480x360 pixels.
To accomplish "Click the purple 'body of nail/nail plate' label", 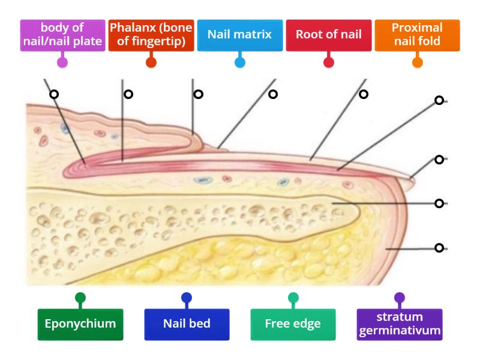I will (62, 35).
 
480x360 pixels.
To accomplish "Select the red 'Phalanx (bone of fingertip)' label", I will (151, 35).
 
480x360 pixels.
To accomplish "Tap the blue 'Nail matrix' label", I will (239, 34).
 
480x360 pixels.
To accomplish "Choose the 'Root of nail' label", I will (328, 34).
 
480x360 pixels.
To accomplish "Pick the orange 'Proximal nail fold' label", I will (417, 35).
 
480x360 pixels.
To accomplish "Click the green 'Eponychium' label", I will (80, 324).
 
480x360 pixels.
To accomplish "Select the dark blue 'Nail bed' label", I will (187, 324).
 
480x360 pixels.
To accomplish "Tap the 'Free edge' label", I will (293, 324).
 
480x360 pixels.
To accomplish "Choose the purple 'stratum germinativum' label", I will (399, 324).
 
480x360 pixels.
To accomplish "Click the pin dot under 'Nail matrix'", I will (239, 62).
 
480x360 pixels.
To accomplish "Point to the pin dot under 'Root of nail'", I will (328, 62).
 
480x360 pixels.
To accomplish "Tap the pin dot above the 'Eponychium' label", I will (80, 298).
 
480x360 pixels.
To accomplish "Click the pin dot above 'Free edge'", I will (293, 298).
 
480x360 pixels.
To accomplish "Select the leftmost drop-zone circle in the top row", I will (54, 94).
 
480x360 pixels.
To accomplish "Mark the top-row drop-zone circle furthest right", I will (364, 94).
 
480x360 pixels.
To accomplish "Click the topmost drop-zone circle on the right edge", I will (439, 100).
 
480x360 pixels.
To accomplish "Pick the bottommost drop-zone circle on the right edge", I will (439, 247).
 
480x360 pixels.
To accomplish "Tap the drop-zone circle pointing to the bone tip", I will (439, 203).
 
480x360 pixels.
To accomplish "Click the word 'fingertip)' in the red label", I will (166, 42).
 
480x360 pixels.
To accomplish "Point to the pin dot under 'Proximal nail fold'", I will (417, 62).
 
